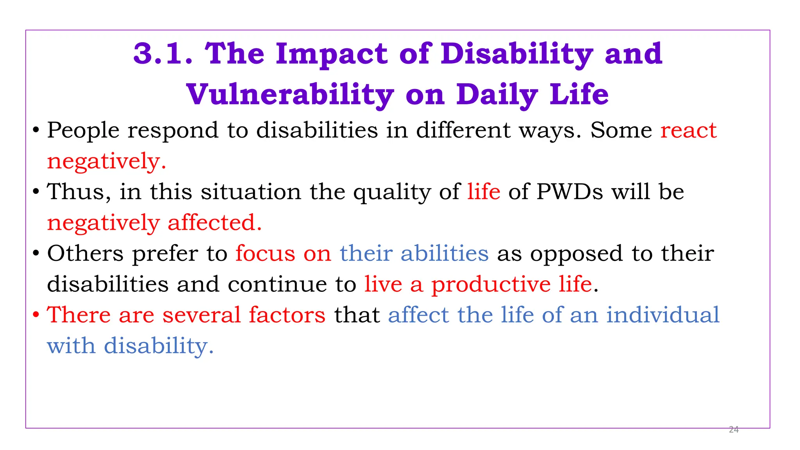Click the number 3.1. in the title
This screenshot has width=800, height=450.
coord(163,54)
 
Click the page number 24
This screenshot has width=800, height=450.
coord(734,430)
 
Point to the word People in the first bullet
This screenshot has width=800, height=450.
coord(83,130)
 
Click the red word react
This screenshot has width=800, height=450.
coord(688,130)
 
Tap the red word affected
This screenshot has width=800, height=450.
coord(214,223)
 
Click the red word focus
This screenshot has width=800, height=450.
coord(265,254)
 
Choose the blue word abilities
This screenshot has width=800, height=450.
coord(445,254)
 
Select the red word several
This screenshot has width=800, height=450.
coord(201,315)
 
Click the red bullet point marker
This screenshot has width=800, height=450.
coord(36,315)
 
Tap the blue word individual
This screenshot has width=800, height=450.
coord(662,315)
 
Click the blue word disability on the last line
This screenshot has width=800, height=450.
coord(159,346)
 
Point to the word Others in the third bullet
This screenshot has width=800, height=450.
coord(85,254)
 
